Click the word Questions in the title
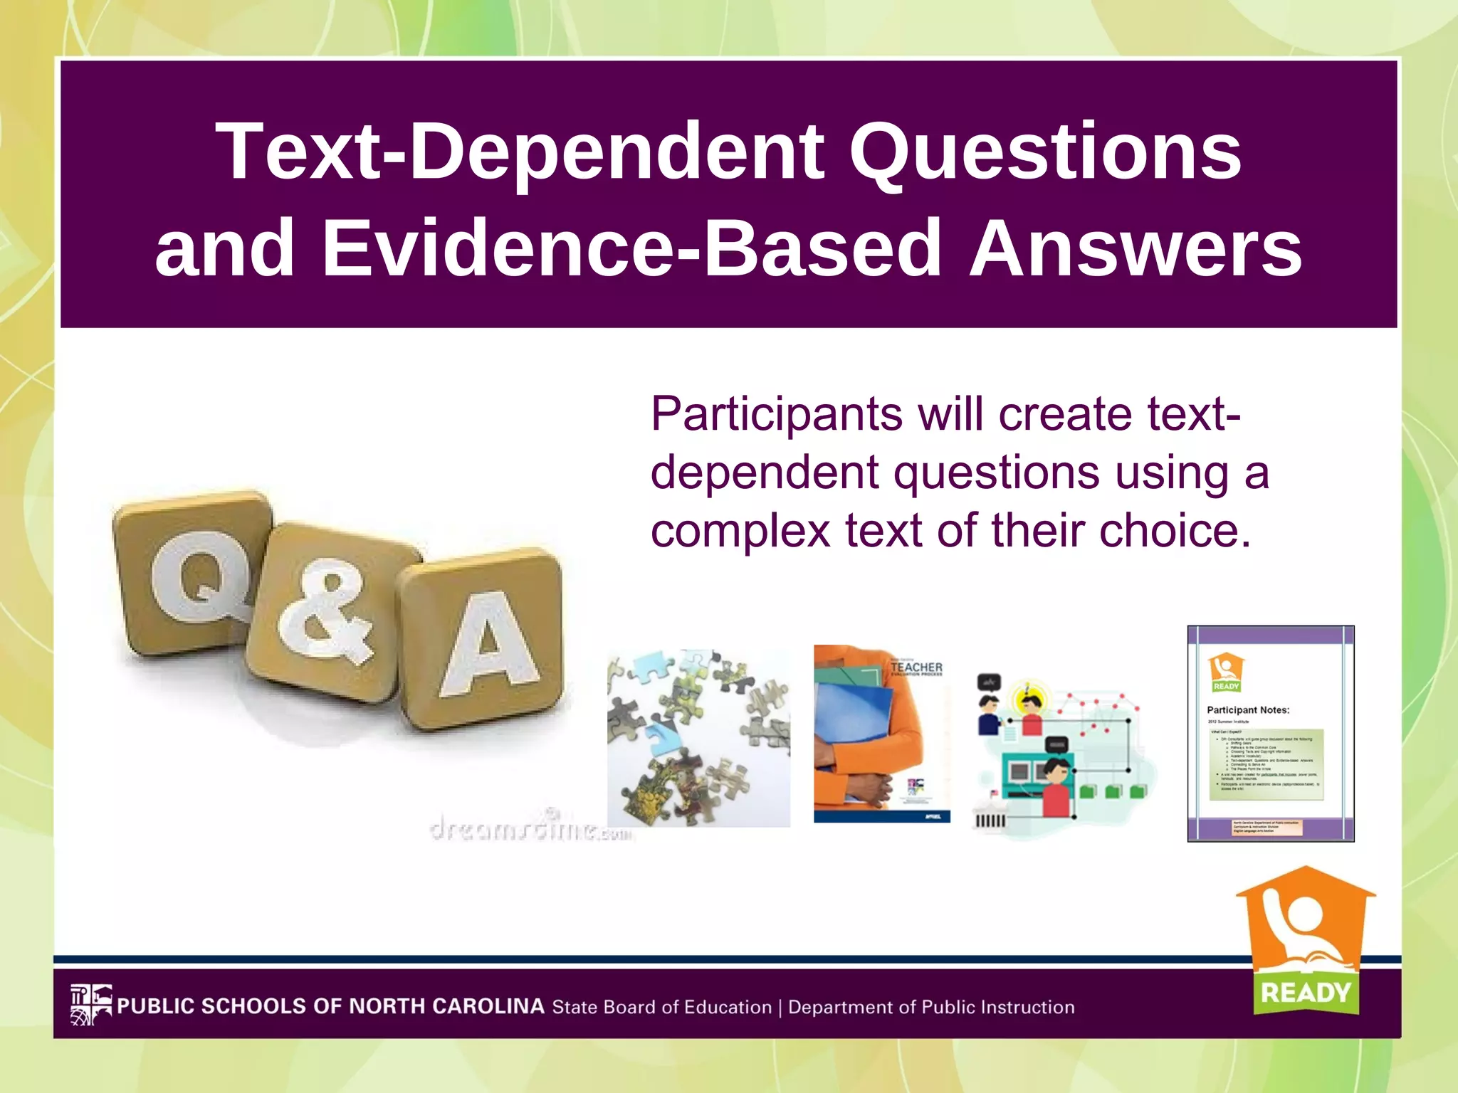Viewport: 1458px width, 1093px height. click(1045, 152)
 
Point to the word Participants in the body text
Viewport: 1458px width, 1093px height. click(777, 415)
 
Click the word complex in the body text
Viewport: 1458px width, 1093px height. click(740, 532)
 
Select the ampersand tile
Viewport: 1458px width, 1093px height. click(325, 612)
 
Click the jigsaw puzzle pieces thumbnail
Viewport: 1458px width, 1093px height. click(698, 737)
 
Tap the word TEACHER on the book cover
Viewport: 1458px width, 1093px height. click(916, 667)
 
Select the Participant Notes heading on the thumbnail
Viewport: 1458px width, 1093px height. click(1247, 709)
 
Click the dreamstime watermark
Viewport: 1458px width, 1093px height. click(530, 829)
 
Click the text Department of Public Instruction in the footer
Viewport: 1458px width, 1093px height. click(931, 1008)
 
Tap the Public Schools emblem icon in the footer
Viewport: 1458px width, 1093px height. click(90, 1004)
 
